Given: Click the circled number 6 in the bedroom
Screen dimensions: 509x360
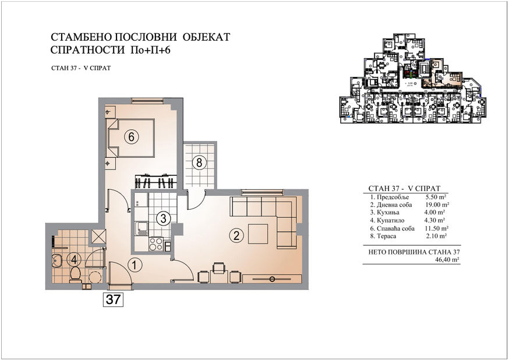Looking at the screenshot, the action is tap(131, 137).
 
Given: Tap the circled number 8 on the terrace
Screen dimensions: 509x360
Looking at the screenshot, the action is tap(199, 163).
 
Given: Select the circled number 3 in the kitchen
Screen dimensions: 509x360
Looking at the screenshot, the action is tap(163, 218).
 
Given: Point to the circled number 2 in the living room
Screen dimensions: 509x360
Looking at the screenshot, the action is tap(236, 235).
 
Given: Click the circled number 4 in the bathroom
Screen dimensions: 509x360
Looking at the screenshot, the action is tap(74, 259).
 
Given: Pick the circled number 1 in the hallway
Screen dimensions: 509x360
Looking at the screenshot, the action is tap(135, 265).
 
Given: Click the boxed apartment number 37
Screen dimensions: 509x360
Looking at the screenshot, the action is tap(114, 299).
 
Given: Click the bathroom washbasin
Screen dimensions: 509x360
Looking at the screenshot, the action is tap(58, 260).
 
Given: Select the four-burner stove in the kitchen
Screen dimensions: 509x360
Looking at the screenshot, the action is tap(156, 244).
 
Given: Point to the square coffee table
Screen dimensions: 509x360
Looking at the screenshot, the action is tap(258, 234).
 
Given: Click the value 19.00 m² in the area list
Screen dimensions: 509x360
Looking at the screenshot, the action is tap(437, 205).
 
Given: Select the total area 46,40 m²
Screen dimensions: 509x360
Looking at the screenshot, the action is tap(448, 260).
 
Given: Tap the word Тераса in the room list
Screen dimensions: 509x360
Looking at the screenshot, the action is tap(386, 236).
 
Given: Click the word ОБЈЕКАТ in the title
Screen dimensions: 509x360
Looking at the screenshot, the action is tap(207, 37).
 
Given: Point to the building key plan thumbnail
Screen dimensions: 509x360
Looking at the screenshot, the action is tap(413, 78).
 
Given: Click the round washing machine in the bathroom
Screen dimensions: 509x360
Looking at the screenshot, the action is tap(95, 277).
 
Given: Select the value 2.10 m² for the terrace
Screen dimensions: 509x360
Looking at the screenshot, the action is tap(436, 236).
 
